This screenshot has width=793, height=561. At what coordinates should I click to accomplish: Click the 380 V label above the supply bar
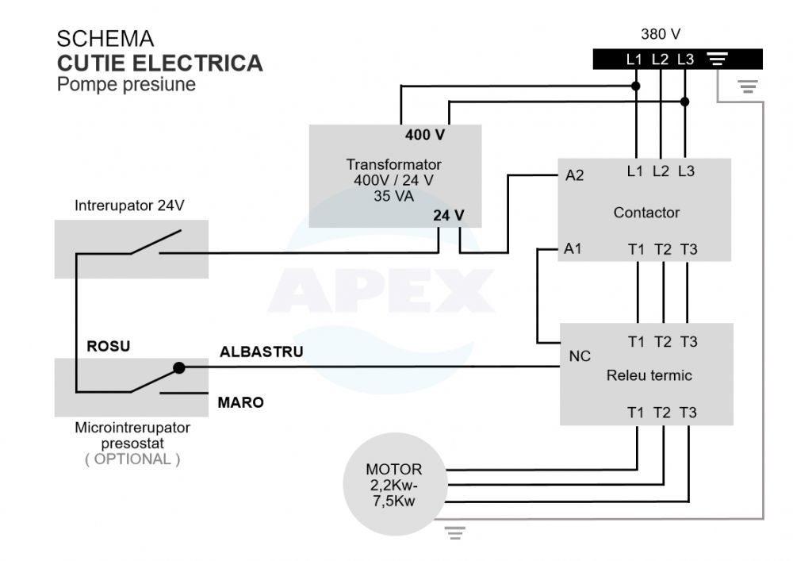pyautogui.click(x=660, y=34)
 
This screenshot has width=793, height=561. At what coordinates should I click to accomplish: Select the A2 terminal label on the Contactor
pyautogui.click(x=574, y=175)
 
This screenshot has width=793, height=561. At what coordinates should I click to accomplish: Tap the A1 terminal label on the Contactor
pyautogui.click(x=573, y=248)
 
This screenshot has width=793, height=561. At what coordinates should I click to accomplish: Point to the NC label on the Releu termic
pyautogui.click(x=580, y=356)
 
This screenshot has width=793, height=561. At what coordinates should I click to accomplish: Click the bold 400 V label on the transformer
pyautogui.click(x=425, y=135)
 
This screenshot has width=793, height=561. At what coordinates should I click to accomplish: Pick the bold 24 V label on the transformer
pyautogui.click(x=449, y=216)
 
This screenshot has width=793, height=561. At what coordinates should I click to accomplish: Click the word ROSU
pyautogui.click(x=108, y=346)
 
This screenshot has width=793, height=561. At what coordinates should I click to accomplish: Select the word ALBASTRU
pyautogui.click(x=262, y=352)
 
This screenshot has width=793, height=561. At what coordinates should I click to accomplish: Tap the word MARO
pyautogui.click(x=241, y=402)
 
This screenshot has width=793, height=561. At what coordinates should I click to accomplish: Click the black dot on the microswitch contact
pyautogui.click(x=179, y=367)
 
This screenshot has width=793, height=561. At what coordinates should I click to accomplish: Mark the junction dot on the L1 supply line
pyautogui.click(x=636, y=86)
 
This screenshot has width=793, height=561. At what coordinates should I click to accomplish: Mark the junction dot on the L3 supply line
pyautogui.click(x=685, y=102)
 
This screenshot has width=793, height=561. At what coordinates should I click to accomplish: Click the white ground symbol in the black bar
pyautogui.click(x=717, y=59)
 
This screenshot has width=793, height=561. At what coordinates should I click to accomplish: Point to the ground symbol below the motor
pyautogui.click(x=454, y=532)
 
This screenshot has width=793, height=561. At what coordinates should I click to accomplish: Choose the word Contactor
pyautogui.click(x=646, y=213)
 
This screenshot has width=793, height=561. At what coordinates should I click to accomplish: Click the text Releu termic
pyautogui.click(x=649, y=375)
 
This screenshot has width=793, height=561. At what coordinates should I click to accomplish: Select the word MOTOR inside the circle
pyautogui.click(x=394, y=470)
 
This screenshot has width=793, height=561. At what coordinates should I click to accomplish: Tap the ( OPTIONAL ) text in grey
pyautogui.click(x=132, y=459)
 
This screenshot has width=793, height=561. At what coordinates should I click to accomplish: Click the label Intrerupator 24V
pyautogui.click(x=129, y=206)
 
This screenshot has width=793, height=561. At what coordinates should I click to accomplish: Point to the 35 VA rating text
pyautogui.click(x=393, y=196)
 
